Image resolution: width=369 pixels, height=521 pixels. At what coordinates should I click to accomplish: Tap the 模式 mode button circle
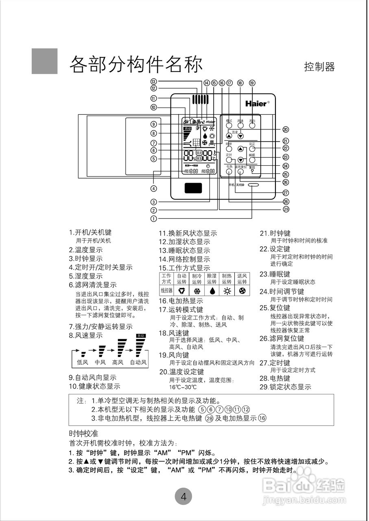tap(229, 126)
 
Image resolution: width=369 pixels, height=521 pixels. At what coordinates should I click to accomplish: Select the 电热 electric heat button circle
tap(229, 172)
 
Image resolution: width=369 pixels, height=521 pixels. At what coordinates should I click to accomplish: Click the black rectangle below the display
tap(194, 188)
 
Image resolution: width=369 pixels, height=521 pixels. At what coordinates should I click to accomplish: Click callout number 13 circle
tap(153, 81)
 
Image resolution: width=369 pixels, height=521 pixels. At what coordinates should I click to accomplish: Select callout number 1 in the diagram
tap(153, 218)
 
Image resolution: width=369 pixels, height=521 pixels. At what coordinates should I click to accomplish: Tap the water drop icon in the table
tap(212, 291)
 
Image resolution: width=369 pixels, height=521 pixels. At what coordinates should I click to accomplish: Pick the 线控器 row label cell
tap(166, 291)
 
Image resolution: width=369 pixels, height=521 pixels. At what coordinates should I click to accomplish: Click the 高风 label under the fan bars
tap(118, 362)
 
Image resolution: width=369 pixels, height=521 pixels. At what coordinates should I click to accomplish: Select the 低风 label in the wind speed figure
tap(83, 362)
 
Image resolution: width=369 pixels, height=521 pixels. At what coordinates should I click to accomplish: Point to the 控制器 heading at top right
tap(319, 67)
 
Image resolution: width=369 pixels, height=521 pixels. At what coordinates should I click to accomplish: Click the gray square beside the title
tap(44, 61)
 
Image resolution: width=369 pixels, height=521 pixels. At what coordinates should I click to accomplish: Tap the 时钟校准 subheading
tap(84, 433)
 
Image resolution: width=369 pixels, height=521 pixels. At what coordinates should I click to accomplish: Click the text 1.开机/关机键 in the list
tap(90, 232)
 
